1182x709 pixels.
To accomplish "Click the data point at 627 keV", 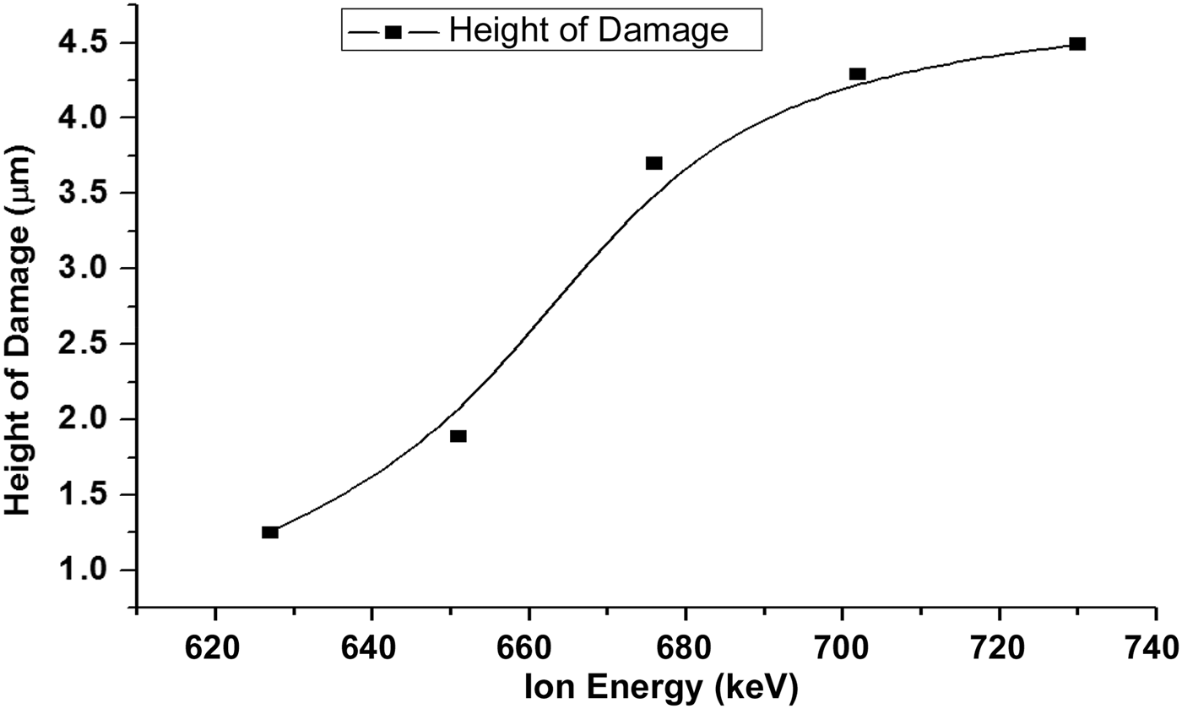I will point(270,532).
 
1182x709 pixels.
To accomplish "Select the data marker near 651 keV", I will point(458,436).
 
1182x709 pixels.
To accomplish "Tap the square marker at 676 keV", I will point(654,163).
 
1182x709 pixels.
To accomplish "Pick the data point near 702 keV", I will point(858,74).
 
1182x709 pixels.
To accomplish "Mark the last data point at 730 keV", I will point(1077,44).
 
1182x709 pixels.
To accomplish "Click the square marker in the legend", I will point(393,32).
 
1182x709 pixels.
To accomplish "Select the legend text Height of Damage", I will point(588,31).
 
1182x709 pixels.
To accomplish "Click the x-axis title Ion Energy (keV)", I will point(660,689).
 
